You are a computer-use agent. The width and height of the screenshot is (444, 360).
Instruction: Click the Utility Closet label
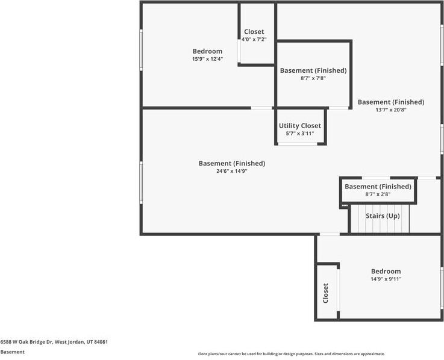(300, 126)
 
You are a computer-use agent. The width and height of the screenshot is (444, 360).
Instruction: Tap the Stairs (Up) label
(383, 216)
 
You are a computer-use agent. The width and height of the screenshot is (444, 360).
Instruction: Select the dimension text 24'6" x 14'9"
(232, 171)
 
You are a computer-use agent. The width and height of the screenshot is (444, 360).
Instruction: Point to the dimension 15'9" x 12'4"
(208, 59)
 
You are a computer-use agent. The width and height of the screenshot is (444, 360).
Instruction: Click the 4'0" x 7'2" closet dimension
(254, 39)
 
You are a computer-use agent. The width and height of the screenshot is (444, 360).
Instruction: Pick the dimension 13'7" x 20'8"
(391, 110)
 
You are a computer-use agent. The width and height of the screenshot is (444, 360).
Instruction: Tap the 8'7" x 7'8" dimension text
(313, 78)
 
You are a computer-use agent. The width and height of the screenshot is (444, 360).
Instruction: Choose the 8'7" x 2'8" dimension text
(378, 194)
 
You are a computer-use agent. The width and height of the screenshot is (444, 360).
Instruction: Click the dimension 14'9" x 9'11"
(386, 279)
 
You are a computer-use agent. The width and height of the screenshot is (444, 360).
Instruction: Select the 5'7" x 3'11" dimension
(300, 133)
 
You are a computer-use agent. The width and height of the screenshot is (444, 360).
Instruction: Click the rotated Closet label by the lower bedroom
(326, 293)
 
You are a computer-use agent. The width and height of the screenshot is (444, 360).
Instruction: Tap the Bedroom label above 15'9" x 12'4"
(207, 51)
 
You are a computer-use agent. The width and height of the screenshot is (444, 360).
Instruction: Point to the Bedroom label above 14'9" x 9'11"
(386, 271)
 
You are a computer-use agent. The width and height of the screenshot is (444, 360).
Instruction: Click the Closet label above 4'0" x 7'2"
(254, 32)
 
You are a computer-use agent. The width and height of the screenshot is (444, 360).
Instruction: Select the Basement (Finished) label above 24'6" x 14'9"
(232, 163)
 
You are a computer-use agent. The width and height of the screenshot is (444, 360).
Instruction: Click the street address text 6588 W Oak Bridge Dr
(27, 342)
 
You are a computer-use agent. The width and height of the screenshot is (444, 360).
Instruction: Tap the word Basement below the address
(13, 352)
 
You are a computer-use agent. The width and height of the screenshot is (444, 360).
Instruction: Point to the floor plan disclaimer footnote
(292, 354)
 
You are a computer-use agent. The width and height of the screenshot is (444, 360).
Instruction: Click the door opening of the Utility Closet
(298, 144)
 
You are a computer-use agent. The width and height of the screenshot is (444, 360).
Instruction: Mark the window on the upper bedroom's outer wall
(141, 50)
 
